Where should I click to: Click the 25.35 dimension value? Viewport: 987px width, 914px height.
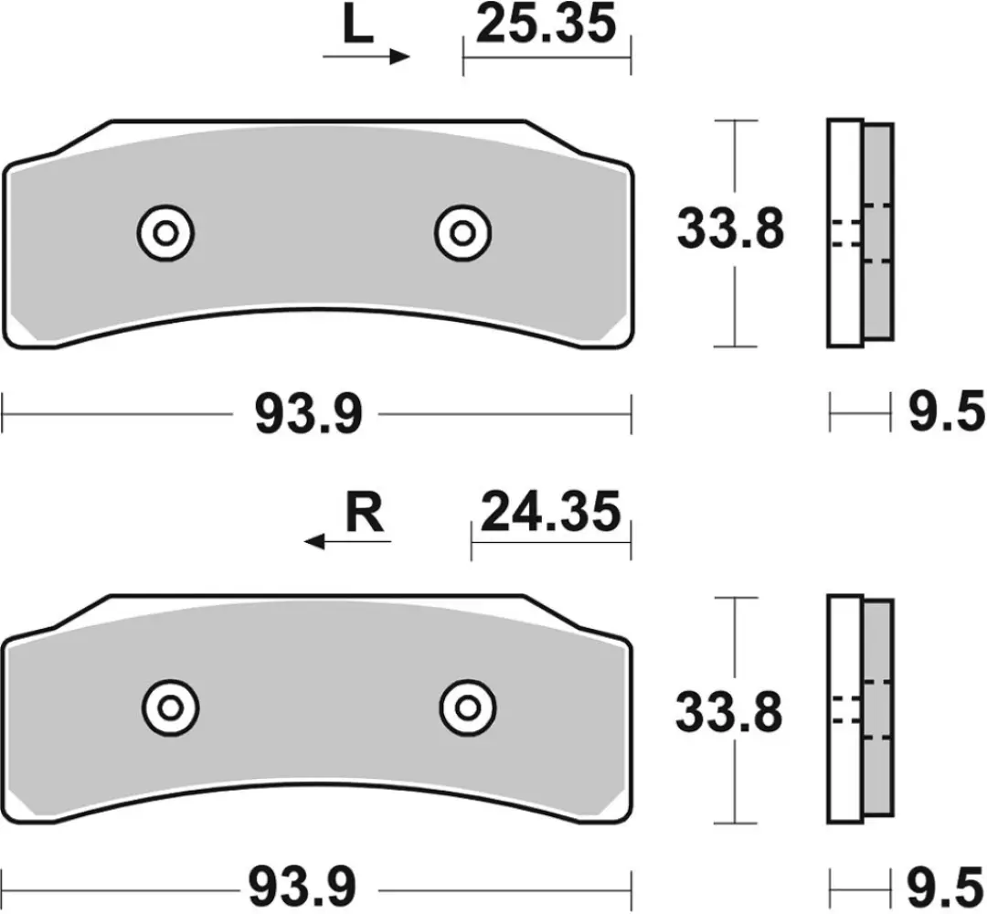pyautogui.click(x=547, y=26)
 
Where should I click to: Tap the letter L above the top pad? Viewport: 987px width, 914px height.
pyautogui.click(x=357, y=28)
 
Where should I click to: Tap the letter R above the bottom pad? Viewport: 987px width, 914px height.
pyautogui.click(x=365, y=513)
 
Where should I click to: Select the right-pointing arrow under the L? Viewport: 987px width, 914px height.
pyautogui.click(x=366, y=57)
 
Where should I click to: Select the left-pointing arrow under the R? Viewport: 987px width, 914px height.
pyautogui.click(x=347, y=542)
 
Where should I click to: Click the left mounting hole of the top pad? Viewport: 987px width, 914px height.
pyautogui.click(x=165, y=232)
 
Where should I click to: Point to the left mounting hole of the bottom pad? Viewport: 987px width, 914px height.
pyautogui.click(x=171, y=707)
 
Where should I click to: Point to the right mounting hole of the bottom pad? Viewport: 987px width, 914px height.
pyautogui.click(x=468, y=707)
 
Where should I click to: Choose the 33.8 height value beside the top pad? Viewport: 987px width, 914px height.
pyautogui.click(x=730, y=231)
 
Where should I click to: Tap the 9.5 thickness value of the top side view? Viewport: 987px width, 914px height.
pyautogui.click(x=944, y=414)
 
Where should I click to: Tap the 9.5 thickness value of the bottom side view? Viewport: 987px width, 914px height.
pyautogui.click(x=944, y=887)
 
